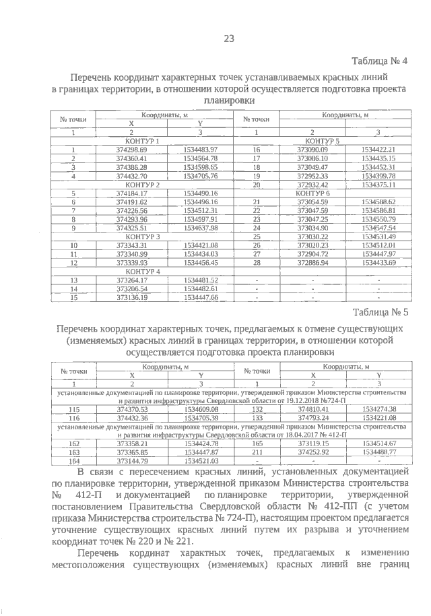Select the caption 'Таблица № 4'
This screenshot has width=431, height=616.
pos(380,62)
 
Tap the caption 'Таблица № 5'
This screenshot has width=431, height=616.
pos(380,311)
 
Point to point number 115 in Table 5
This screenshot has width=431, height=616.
pos(74,408)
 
